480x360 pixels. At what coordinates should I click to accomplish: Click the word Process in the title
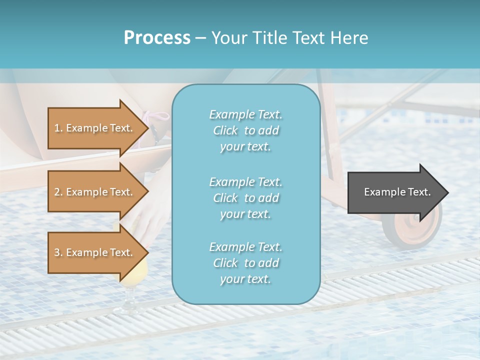[x=157, y=38]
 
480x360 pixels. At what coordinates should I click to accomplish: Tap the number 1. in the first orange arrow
[x=58, y=128]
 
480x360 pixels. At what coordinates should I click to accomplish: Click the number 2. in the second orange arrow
[x=58, y=192]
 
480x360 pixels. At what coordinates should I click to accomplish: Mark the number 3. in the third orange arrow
[x=58, y=252]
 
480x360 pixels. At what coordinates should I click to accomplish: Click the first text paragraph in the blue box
[x=245, y=130]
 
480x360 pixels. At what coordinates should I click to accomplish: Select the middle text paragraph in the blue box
[x=245, y=198]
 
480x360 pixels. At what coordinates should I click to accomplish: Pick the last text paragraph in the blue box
[x=245, y=263]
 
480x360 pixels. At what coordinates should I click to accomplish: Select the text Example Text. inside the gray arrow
[x=397, y=192]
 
